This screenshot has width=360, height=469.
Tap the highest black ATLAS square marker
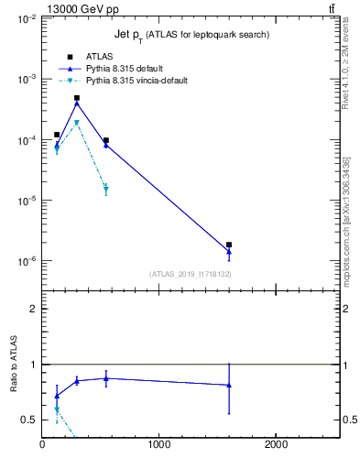(77, 98)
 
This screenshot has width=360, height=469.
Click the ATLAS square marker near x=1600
(229, 245)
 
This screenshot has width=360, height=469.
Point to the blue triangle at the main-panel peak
(77, 103)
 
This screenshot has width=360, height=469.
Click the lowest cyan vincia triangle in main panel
(106, 190)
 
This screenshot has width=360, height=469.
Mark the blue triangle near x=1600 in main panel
(229, 252)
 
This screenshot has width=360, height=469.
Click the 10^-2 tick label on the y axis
(26, 19)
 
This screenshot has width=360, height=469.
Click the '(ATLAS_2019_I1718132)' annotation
(190, 274)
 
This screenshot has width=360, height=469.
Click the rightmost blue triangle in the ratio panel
(229, 385)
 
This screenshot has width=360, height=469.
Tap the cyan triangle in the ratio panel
(57, 409)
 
